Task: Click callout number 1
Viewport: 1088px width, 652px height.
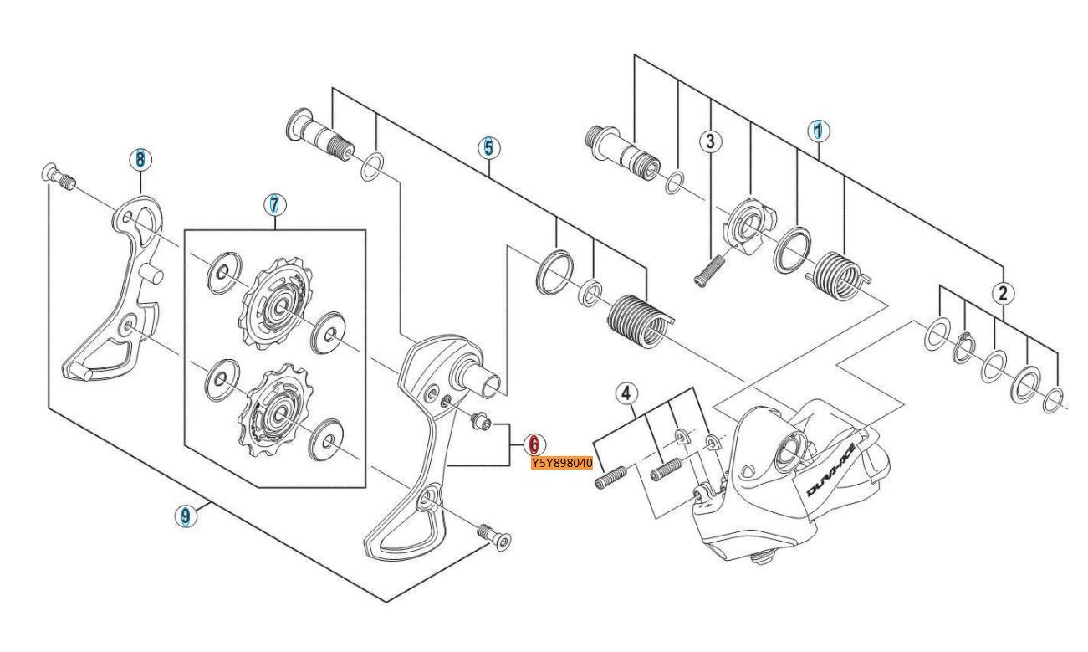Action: (819, 130)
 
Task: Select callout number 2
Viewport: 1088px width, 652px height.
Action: (1003, 293)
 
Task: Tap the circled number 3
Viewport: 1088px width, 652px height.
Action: (710, 141)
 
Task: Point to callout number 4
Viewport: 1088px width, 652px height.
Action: (626, 391)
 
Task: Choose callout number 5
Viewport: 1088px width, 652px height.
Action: (489, 147)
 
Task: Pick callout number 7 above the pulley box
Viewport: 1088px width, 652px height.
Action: (274, 204)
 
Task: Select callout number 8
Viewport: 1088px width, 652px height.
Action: (140, 158)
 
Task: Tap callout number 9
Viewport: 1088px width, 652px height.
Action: (186, 516)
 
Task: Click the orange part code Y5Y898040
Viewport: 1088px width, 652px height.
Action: (562, 464)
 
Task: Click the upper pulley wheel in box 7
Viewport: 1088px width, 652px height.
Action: (277, 306)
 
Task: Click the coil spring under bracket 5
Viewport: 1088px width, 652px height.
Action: (640, 319)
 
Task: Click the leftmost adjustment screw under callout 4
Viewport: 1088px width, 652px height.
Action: (611, 478)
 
